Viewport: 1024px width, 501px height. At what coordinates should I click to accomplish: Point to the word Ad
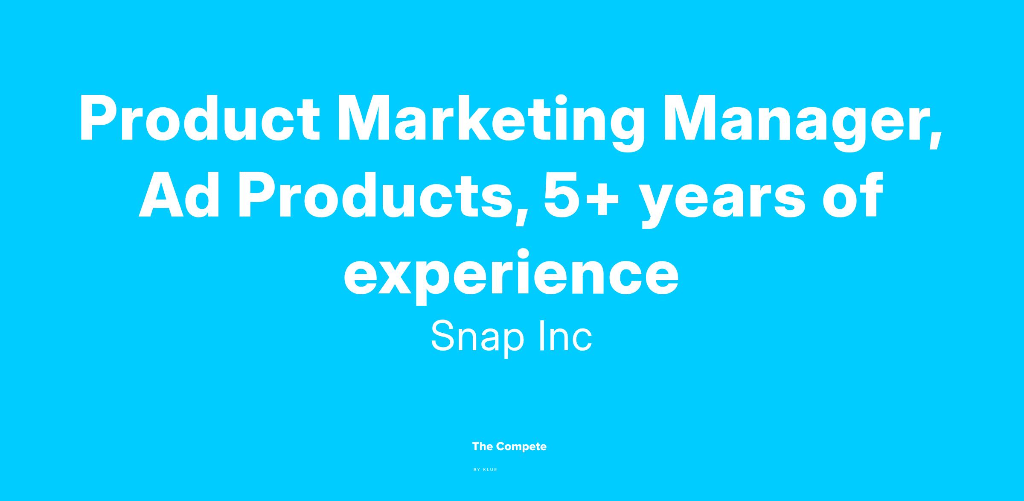click(x=179, y=195)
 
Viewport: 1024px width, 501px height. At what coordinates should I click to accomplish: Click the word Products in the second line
click(x=375, y=195)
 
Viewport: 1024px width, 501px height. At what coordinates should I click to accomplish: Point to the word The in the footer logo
click(x=483, y=447)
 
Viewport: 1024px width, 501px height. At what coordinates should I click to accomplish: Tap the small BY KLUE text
click(x=486, y=470)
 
